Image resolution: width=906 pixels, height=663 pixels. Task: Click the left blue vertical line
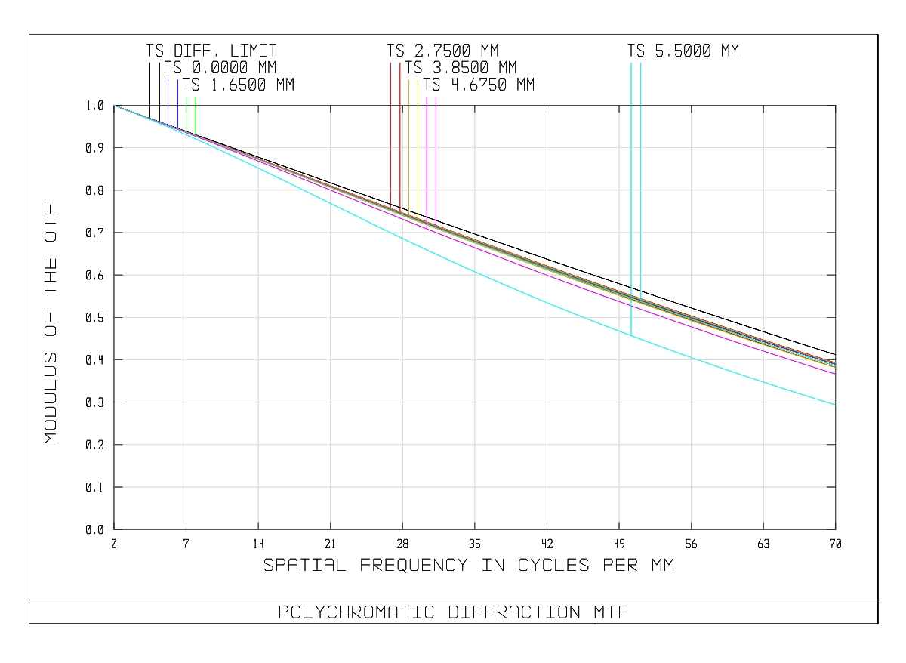(168, 102)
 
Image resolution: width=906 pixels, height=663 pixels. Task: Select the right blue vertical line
(177, 104)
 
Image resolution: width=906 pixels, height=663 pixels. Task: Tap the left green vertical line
(186, 113)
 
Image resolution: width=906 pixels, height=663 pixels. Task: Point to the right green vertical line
(196, 115)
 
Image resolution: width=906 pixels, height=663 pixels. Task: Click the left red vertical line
(391, 136)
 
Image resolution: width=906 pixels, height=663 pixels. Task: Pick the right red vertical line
(400, 136)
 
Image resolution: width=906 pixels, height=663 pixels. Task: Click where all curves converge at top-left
(115, 106)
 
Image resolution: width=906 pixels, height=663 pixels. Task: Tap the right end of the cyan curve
(835, 405)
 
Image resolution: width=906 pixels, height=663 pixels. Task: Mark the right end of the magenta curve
(835, 374)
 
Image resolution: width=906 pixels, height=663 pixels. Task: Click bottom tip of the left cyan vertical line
(631, 335)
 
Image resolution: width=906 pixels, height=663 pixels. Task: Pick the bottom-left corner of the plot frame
(114, 529)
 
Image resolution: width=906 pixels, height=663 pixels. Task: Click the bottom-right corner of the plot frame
(836, 529)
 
